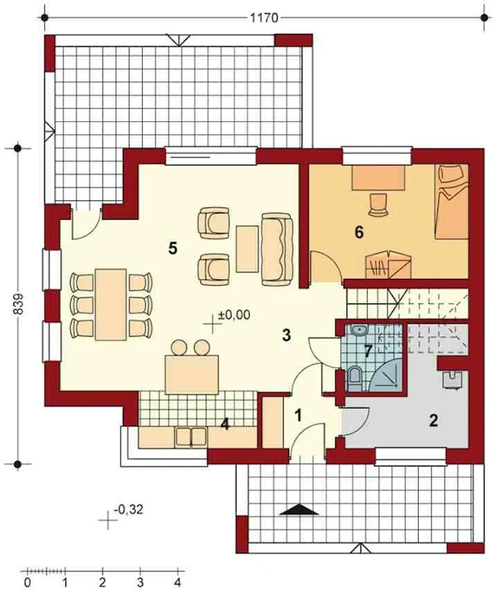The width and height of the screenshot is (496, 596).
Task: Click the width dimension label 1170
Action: tap(264, 18)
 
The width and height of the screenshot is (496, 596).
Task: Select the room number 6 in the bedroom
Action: tap(359, 232)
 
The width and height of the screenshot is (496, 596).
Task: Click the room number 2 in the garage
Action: tap(433, 421)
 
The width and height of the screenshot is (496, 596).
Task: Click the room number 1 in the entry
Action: tap(298, 415)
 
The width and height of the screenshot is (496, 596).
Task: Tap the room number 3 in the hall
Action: tap(286, 335)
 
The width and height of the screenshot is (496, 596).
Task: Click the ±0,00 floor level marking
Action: tap(234, 315)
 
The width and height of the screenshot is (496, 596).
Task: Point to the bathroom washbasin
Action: tap(360, 330)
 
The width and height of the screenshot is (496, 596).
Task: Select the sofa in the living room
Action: tap(277, 249)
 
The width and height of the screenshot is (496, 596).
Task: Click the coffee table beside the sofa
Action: tap(248, 249)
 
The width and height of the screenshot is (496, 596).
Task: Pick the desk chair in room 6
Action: tap(378, 204)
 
